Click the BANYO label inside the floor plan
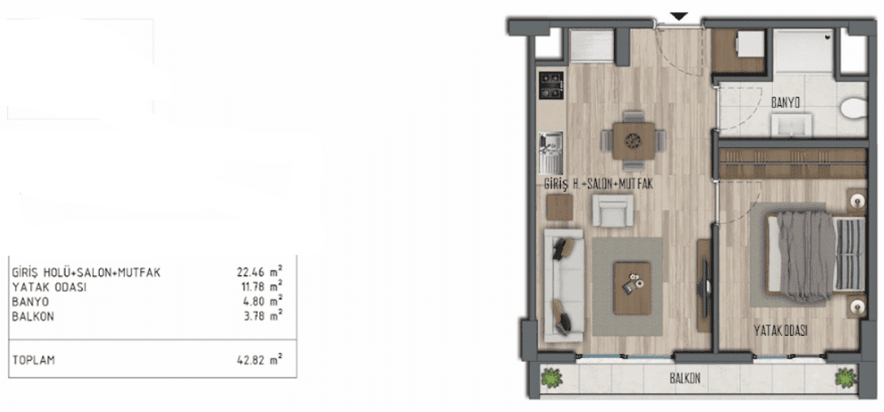point(785,102)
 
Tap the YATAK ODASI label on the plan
point(781,331)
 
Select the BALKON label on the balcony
point(685,378)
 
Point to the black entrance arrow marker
point(680,17)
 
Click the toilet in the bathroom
point(853,108)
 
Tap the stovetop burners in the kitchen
point(551,85)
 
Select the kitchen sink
point(551,152)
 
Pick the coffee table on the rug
point(632,287)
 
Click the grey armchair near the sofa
point(613,211)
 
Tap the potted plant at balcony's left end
point(551,378)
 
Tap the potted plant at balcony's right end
point(846,378)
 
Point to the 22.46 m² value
point(260,272)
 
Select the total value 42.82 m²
point(260,360)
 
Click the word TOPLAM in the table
point(34,360)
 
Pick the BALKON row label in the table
point(33,317)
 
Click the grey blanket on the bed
point(805,255)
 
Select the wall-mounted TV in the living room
point(703,286)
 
